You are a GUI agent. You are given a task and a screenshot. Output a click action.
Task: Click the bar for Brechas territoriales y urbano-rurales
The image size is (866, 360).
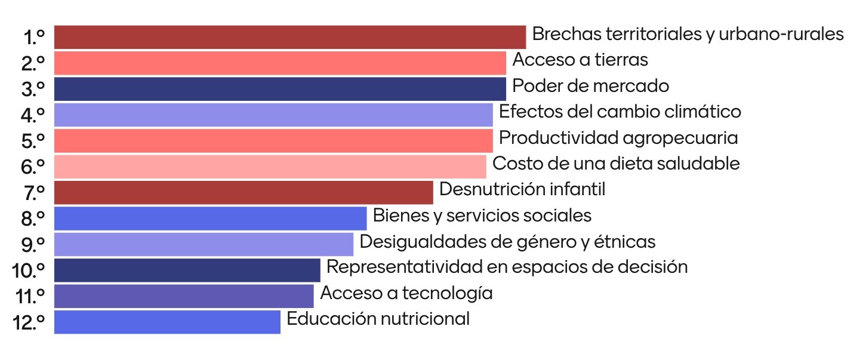click(289, 37)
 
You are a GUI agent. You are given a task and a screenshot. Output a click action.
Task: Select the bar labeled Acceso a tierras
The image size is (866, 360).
click(279, 63)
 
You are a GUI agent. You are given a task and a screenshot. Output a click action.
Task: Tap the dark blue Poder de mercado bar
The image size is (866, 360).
click(279, 88)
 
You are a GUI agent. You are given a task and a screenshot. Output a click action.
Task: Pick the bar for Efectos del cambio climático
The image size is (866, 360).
click(273, 114)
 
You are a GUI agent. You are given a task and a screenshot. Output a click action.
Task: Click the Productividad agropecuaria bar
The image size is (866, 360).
click(273, 140)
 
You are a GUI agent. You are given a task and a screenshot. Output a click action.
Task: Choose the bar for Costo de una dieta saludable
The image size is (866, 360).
click(270, 166)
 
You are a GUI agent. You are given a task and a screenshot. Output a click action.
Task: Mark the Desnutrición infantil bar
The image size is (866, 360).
click(243, 192)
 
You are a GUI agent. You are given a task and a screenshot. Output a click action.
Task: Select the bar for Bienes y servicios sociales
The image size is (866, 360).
click(210, 218)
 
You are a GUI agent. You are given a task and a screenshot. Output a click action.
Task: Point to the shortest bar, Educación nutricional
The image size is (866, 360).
click(167, 321)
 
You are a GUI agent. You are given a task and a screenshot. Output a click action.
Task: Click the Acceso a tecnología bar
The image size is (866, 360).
click(183, 296)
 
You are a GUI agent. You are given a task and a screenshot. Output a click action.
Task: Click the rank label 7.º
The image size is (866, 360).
click(33, 193)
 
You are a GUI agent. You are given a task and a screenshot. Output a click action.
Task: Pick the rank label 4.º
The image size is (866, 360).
click(33, 115)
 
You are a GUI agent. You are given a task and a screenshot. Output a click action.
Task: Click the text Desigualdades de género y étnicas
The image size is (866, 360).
click(507, 242)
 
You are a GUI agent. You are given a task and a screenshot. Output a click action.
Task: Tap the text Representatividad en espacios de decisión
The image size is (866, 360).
click(507, 266)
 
